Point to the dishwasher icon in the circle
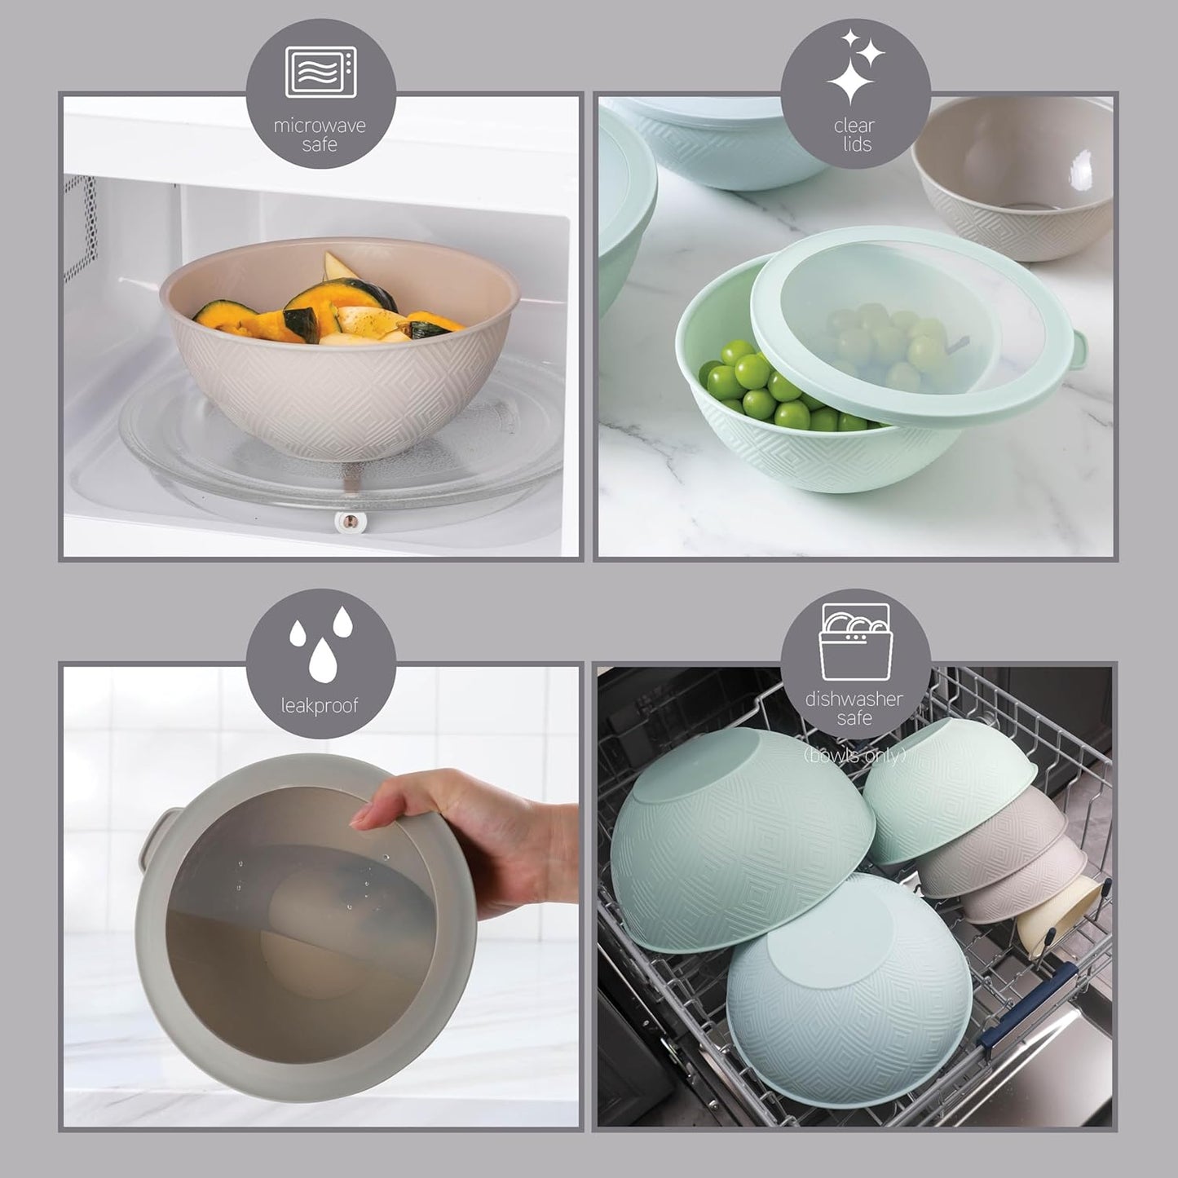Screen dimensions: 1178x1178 pyautogui.click(x=854, y=642)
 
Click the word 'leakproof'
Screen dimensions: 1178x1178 pyautogui.click(x=320, y=705)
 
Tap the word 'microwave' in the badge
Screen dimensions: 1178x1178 pyautogui.click(x=320, y=126)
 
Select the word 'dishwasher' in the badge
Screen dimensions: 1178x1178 pyautogui.click(x=854, y=699)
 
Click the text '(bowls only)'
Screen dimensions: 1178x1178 pyautogui.click(x=854, y=756)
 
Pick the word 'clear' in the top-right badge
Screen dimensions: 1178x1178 pyautogui.click(x=854, y=126)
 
